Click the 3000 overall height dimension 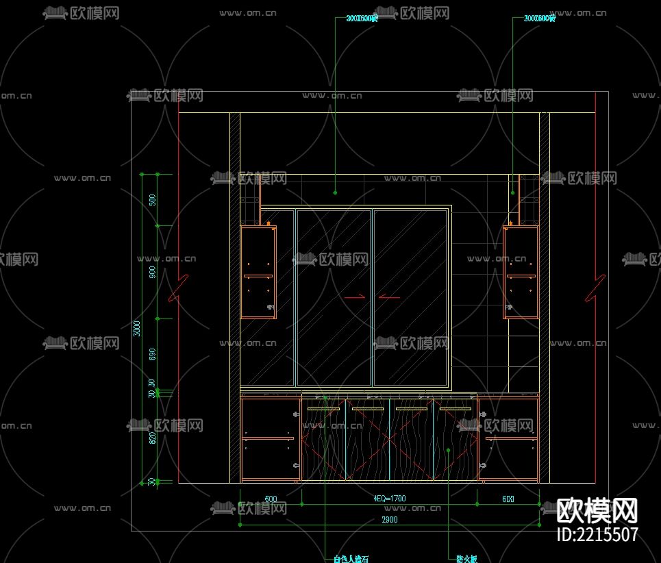[137, 328]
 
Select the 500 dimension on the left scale [153, 200]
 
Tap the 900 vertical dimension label [153, 272]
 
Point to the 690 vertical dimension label [153, 354]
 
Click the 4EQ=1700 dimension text [389, 499]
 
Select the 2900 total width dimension [389, 520]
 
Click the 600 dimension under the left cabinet [271, 499]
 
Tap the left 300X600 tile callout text [362, 18]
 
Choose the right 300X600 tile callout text [539, 18]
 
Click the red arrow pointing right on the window [355, 297]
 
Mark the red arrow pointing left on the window [389, 297]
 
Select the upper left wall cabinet [258, 273]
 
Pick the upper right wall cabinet [521, 273]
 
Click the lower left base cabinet [270, 438]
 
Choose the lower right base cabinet [508, 438]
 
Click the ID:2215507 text [597, 534]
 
